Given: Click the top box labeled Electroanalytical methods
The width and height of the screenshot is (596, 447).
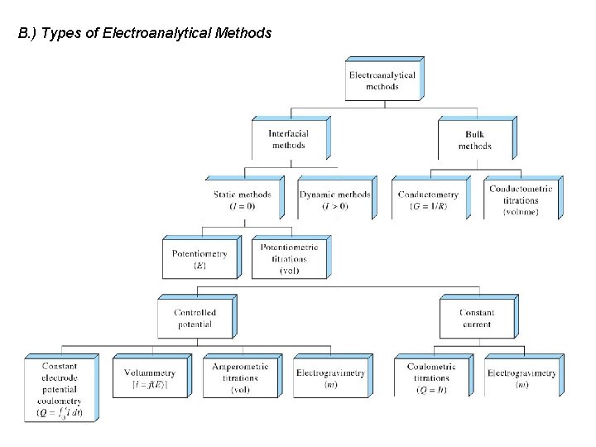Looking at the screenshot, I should (x=382, y=80).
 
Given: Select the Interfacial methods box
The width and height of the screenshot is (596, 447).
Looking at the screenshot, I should (x=289, y=139).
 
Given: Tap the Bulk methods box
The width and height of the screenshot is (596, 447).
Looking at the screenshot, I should (x=475, y=140).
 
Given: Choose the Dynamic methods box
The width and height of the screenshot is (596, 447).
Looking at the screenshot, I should (x=335, y=199).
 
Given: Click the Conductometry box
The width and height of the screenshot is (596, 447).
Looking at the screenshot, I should (x=428, y=199).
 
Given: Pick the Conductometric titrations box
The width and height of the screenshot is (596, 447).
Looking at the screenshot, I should (x=521, y=199).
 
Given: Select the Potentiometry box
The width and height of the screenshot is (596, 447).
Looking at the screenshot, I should (x=199, y=259).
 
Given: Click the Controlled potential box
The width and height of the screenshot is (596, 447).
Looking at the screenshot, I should (x=195, y=318).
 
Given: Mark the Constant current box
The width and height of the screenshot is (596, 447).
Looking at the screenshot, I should (x=477, y=318).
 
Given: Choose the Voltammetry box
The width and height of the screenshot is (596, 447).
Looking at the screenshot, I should (x=150, y=377).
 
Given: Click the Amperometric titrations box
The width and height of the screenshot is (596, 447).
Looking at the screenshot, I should (x=241, y=377).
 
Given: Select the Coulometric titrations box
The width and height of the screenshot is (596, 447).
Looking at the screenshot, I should (x=431, y=377).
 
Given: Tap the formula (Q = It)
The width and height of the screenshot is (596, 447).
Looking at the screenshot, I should (x=431, y=390).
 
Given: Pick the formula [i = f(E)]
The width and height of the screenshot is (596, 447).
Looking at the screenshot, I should (x=150, y=385).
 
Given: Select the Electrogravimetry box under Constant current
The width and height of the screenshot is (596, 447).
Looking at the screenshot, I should (x=521, y=377).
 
